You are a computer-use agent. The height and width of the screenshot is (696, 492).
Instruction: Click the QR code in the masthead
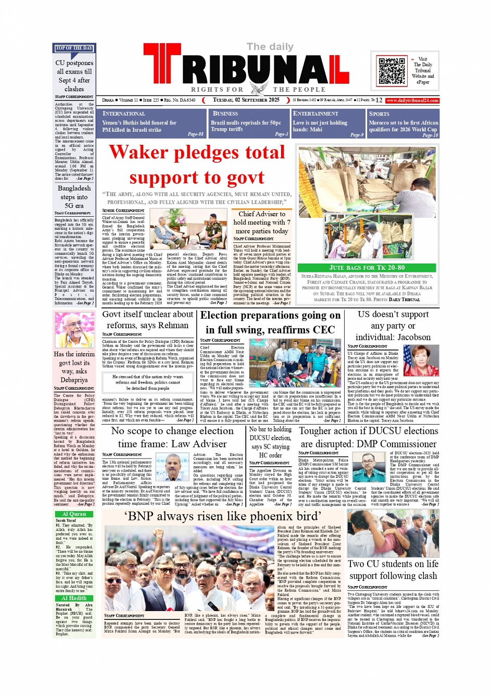click(392, 71)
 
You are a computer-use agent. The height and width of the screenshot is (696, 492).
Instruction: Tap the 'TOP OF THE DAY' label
click(74, 48)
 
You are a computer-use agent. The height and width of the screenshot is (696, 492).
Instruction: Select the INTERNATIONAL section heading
click(124, 114)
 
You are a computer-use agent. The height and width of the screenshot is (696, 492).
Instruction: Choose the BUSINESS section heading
click(225, 114)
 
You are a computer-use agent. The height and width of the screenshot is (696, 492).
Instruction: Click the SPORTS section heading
click(379, 114)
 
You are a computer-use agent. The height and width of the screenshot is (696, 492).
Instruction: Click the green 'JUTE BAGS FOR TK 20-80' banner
click(367, 268)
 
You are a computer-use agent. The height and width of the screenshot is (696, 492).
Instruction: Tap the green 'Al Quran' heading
click(74, 514)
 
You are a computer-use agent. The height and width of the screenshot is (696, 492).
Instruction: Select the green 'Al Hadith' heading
click(74, 598)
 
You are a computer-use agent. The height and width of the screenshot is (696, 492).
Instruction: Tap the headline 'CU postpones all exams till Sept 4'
click(74, 76)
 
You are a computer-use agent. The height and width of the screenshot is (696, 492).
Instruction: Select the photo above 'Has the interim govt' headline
click(74, 330)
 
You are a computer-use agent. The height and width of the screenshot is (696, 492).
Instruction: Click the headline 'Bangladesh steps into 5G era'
click(74, 197)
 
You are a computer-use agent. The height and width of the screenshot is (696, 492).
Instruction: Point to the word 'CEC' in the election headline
click(323, 330)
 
